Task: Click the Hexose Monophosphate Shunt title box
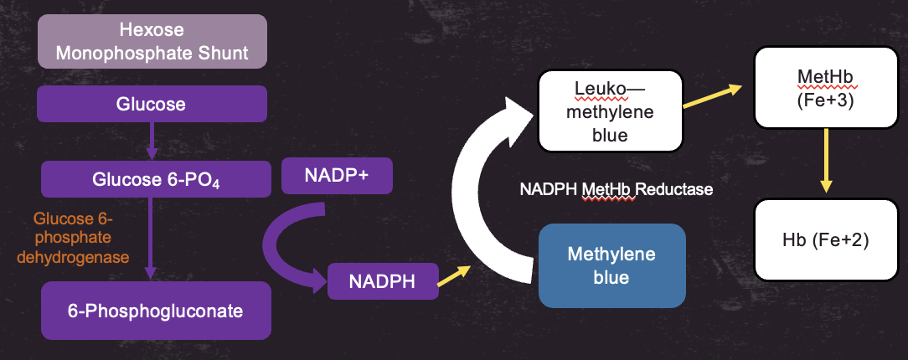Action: [x=152, y=42]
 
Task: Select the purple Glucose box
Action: [x=152, y=105]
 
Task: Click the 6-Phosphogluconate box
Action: [x=156, y=311]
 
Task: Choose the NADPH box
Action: [x=381, y=281]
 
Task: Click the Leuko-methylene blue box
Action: [x=611, y=111]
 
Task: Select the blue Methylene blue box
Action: [x=611, y=265]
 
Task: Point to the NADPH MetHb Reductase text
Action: [x=616, y=190]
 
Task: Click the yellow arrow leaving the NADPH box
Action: [x=454, y=275]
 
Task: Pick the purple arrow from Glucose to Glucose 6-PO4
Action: [x=152, y=141]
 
